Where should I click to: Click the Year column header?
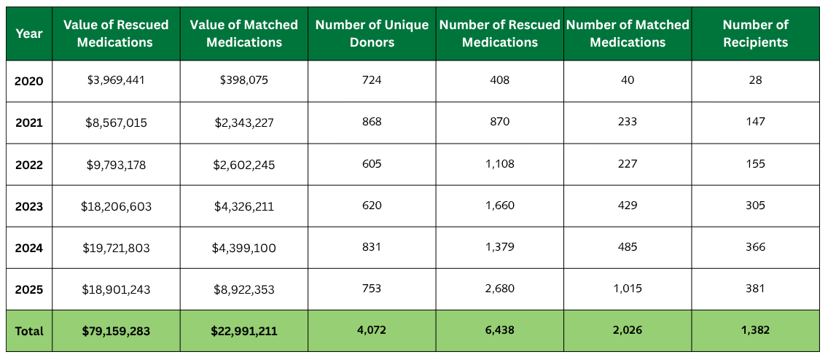28,34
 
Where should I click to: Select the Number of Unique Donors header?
372,34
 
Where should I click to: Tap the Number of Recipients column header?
755,34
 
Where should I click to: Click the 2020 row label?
29,80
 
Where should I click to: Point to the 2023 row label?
29,206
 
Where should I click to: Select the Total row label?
29,331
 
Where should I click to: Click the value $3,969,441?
116,80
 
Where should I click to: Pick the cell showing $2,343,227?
243,122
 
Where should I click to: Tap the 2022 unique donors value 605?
372,164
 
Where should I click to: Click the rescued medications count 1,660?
499,206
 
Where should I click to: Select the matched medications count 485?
628,248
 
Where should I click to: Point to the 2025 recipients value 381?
755,289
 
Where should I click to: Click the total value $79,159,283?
116,331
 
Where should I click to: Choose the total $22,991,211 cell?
243,331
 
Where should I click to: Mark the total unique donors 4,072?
372,330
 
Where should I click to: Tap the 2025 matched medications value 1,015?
628,289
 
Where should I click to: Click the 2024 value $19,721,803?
116,248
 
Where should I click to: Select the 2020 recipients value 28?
755,80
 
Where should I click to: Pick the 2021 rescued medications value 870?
499,122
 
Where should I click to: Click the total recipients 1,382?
755,330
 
